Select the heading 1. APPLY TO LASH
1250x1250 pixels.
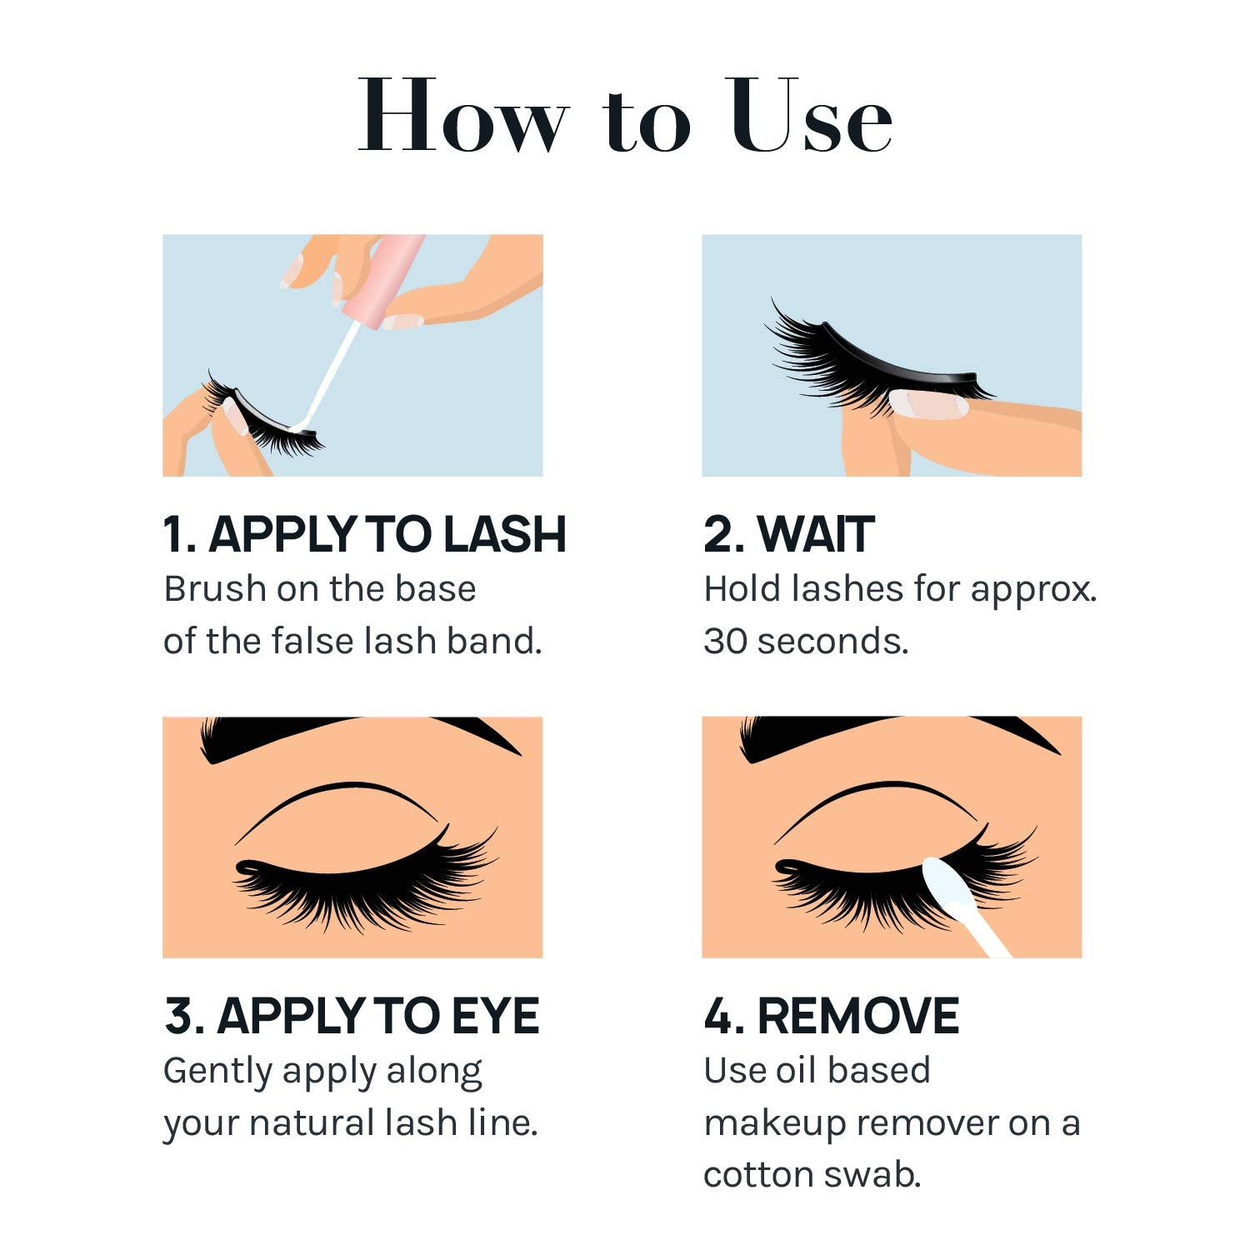click(x=364, y=534)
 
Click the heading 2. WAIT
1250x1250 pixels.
click(x=788, y=534)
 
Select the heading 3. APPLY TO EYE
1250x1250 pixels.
click(x=352, y=1016)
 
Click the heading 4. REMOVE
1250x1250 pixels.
click(x=831, y=1016)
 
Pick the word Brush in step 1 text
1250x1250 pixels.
click(x=214, y=588)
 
